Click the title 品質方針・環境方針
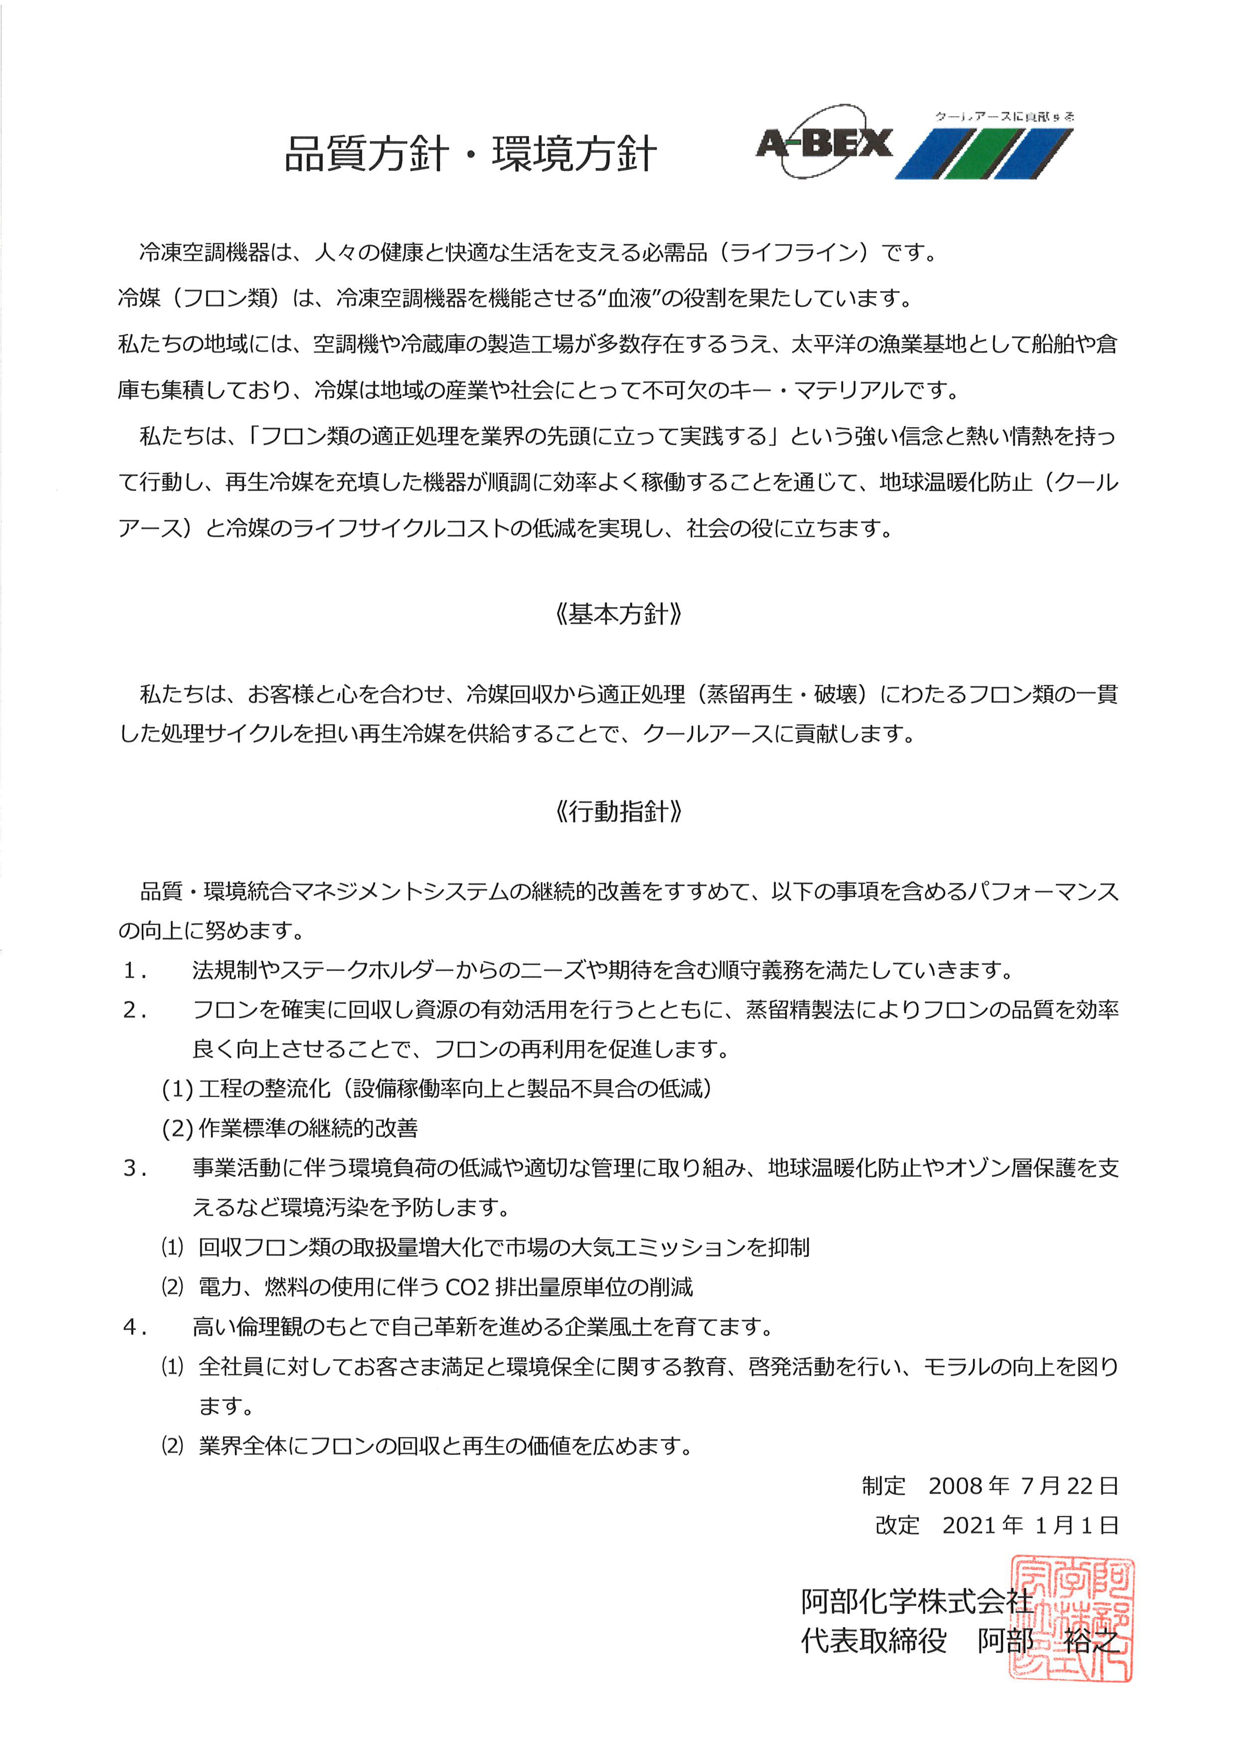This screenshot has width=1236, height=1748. (470, 155)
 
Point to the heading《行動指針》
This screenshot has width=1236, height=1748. (618, 811)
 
